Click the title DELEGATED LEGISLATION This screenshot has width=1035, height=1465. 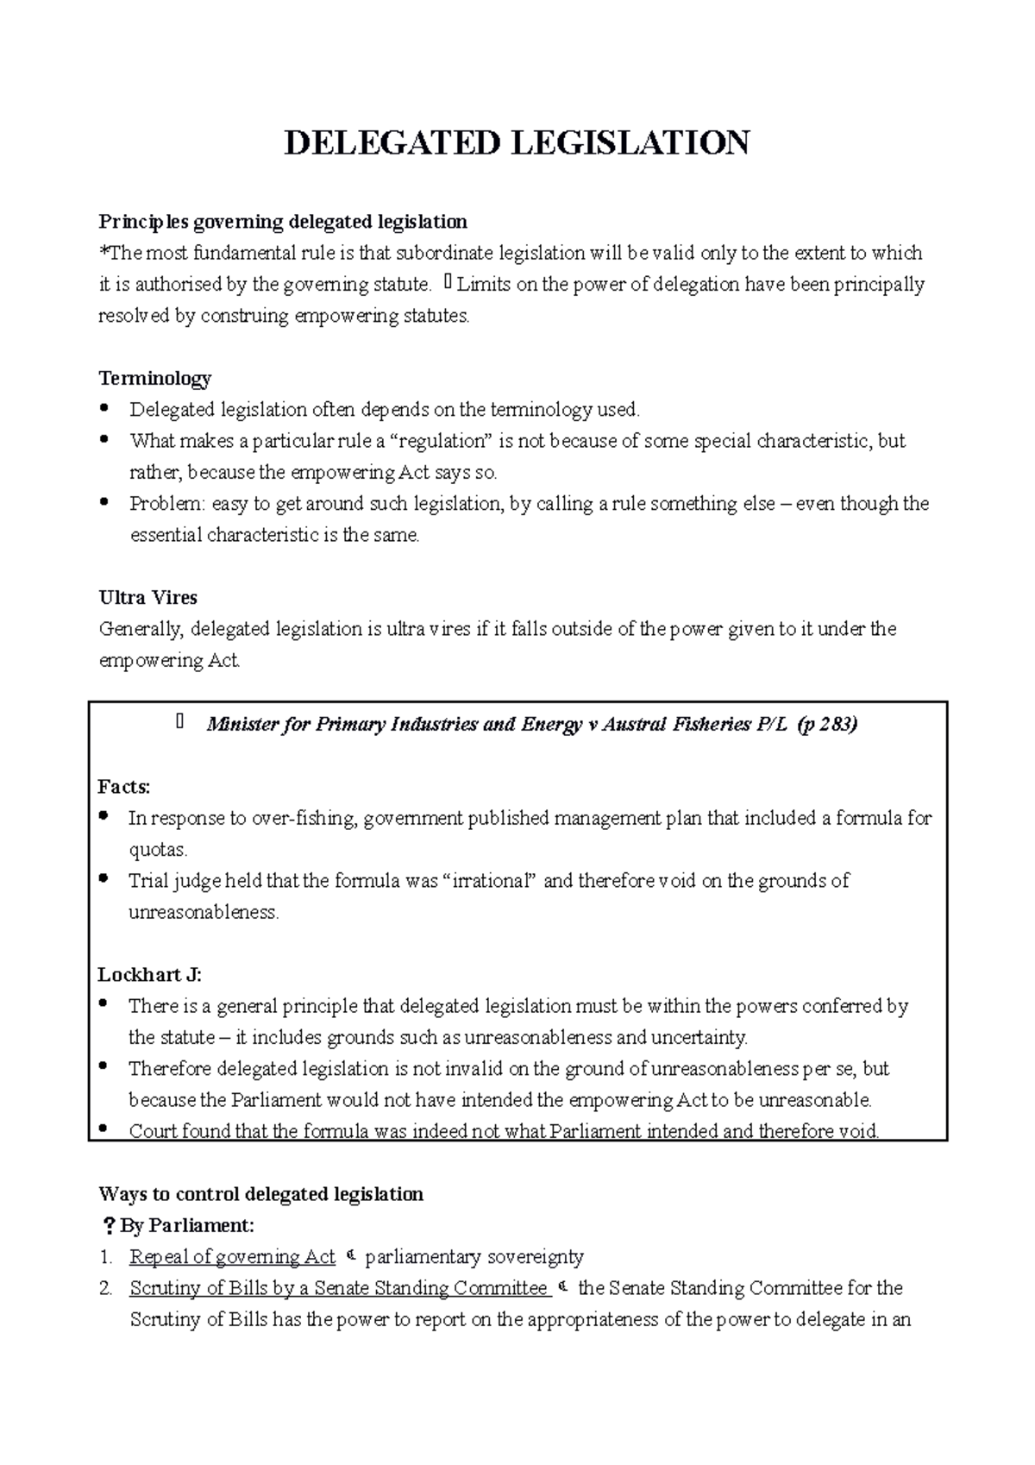[517, 143]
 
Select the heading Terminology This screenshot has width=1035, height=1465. [155, 378]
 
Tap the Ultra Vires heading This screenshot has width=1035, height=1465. [148, 597]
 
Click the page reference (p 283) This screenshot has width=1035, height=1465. [827, 724]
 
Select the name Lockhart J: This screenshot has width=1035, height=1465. [150, 975]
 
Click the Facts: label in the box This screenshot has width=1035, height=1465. [124, 786]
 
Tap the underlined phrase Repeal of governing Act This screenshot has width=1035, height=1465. [232, 1257]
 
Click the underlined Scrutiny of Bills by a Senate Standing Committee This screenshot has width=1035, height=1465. [339, 1288]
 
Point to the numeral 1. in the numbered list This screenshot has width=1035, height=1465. [105, 1257]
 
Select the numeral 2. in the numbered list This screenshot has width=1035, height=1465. [105, 1288]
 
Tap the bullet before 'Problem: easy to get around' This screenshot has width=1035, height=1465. [105, 501]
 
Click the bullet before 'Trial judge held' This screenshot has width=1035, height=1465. [105, 879]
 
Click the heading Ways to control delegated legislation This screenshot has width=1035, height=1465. [261, 1194]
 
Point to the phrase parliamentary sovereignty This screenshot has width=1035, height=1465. [474, 1257]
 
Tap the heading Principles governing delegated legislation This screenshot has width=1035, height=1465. [283, 222]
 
